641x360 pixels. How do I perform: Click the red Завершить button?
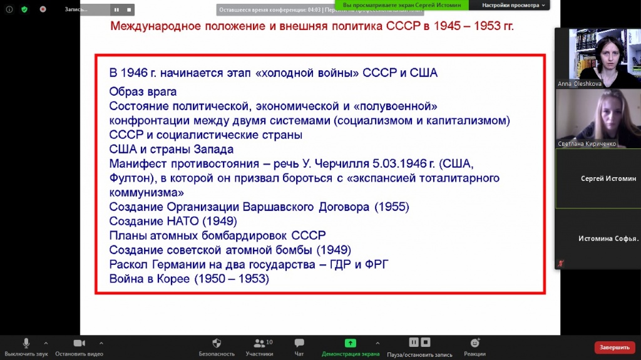pos(615,347)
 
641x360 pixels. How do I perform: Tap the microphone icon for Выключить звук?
pos(26,343)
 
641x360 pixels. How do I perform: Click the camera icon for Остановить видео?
pos(79,343)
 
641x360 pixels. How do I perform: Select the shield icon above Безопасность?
pos(217,343)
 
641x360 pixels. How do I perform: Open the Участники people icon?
pos(259,343)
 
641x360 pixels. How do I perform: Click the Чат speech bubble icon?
pos(299,343)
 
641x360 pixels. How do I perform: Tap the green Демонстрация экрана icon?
pos(351,343)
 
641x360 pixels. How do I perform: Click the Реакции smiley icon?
pos(474,343)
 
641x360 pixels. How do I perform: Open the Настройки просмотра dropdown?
pos(513,5)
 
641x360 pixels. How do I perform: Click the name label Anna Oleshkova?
pos(580,83)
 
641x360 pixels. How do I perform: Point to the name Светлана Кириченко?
pos(587,143)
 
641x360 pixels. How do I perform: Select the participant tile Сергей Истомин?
pos(598,178)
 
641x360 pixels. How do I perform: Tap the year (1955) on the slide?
pos(392,207)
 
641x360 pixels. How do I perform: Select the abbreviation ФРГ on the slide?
pos(376,264)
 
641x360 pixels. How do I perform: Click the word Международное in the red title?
pos(156,26)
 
